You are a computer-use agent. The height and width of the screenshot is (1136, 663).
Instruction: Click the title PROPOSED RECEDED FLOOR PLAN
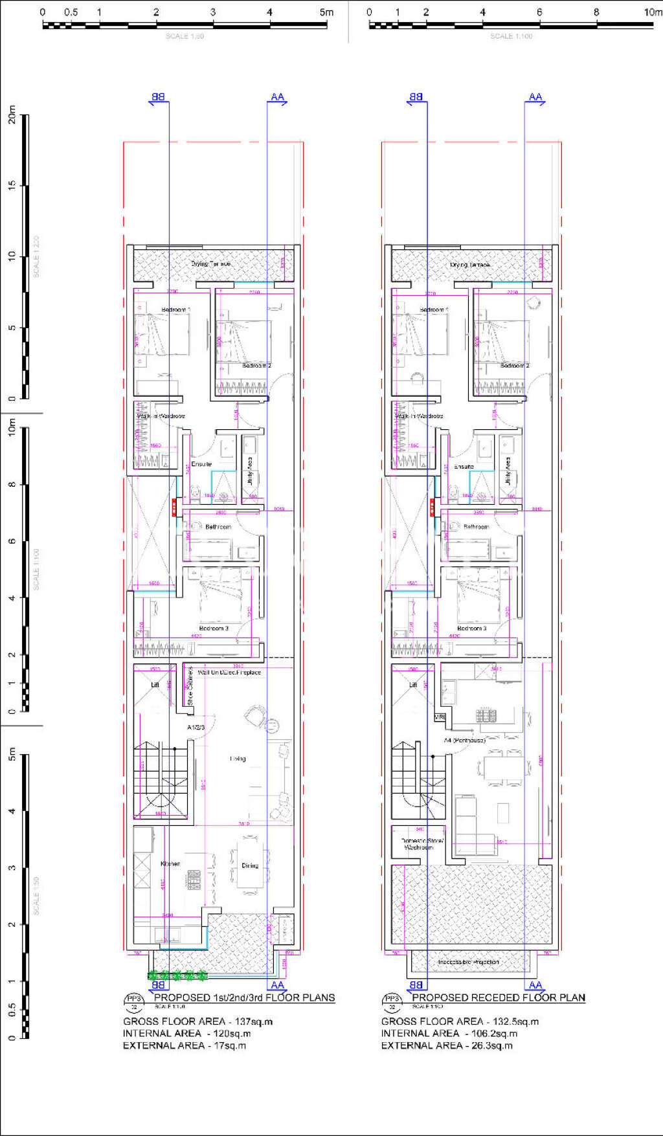pyautogui.click(x=499, y=997)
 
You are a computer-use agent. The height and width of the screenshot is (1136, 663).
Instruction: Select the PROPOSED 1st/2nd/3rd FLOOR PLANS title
pyautogui.click(x=244, y=997)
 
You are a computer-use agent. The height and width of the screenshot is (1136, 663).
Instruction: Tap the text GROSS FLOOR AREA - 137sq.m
pyautogui.click(x=197, y=1021)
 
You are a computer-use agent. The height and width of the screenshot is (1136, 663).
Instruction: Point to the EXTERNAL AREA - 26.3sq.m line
pyautogui.click(x=447, y=1045)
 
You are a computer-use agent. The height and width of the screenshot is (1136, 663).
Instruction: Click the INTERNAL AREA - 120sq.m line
pyautogui.click(x=186, y=1034)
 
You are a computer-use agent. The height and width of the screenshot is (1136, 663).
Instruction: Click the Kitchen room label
pyautogui.click(x=170, y=863)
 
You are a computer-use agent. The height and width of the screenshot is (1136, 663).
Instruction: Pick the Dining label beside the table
pyautogui.click(x=250, y=865)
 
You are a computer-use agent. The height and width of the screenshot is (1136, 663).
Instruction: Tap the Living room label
pyautogui.click(x=238, y=759)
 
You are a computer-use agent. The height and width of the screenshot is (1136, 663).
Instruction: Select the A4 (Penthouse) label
pyautogui.click(x=464, y=740)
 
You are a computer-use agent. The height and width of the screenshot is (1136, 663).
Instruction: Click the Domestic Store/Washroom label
pyautogui.click(x=422, y=844)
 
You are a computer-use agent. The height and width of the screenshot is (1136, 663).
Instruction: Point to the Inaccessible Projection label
pyautogui.click(x=468, y=962)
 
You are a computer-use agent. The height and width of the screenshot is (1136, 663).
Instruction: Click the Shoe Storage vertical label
pyautogui.click(x=190, y=687)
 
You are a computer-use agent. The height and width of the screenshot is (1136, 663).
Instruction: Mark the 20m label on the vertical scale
pyautogui.click(x=12, y=116)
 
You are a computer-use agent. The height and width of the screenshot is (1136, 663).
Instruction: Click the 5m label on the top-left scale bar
pyautogui.click(x=326, y=12)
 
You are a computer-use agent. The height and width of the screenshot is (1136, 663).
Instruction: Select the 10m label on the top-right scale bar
pyautogui.click(x=653, y=12)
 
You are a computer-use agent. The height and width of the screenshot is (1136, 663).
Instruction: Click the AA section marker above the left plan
pyautogui.click(x=277, y=98)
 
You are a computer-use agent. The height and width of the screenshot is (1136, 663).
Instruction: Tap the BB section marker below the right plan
pyautogui.click(x=416, y=985)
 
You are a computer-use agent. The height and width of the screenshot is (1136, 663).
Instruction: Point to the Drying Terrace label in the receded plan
pyautogui.click(x=469, y=265)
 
